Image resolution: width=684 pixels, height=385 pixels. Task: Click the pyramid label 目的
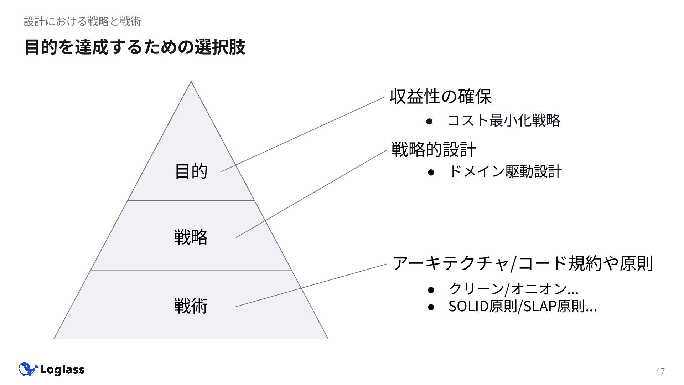(x=191, y=171)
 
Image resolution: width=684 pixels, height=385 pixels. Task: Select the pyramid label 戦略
(x=191, y=237)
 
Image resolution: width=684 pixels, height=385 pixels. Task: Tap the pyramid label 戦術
(x=191, y=306)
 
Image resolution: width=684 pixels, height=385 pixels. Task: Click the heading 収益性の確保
(x=441, y=96)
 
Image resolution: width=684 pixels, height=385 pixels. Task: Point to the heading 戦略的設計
(x=434, y=149)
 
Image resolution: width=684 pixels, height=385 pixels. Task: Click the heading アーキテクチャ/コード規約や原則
(x=522, y=263)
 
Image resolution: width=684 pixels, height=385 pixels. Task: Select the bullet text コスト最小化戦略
(x=503, y=120)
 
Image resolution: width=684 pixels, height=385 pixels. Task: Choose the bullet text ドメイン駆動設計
(x=505, y=171)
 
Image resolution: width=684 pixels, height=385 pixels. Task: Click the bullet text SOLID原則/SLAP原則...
(x=522, y=306)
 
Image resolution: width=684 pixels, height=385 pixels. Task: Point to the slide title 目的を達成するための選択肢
(x=135, y=47)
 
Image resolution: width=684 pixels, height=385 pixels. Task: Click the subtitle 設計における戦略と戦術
(x=82, y=21)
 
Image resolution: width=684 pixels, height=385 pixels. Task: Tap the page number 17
(x=660, y=371)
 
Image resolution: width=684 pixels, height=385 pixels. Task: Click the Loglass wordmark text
(x=62, y=370)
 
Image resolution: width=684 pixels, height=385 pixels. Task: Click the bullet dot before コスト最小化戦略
(x=429, y=121)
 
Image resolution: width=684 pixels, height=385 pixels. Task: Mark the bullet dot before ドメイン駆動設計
(x=431, y=172)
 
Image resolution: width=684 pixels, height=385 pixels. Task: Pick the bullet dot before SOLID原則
(x=431, y=307)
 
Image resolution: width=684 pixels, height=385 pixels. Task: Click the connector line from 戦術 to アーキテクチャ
(x=311, y=285)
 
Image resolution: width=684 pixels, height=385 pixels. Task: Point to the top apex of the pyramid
(x=191, y=82)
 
